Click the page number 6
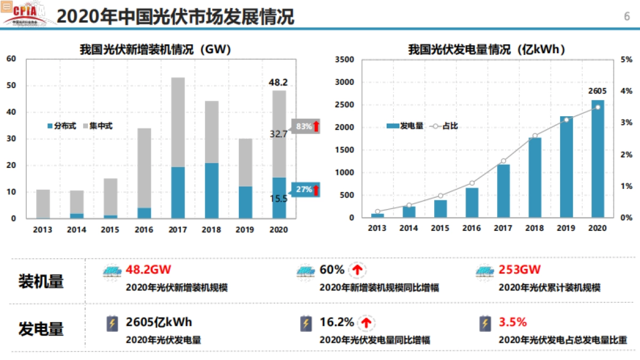click(627, 16)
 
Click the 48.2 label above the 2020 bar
click(278, 82)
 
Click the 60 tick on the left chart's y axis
click(11, 59)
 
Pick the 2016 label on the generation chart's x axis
click(472, 229)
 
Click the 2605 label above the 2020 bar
click(597, 91)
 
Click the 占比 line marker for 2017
click(503, 161)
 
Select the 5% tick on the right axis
click(627, 60)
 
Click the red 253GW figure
click(519, 270)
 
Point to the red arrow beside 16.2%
click(366, 322)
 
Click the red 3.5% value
click(513, 322)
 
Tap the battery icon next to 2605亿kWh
click(112, 323)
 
